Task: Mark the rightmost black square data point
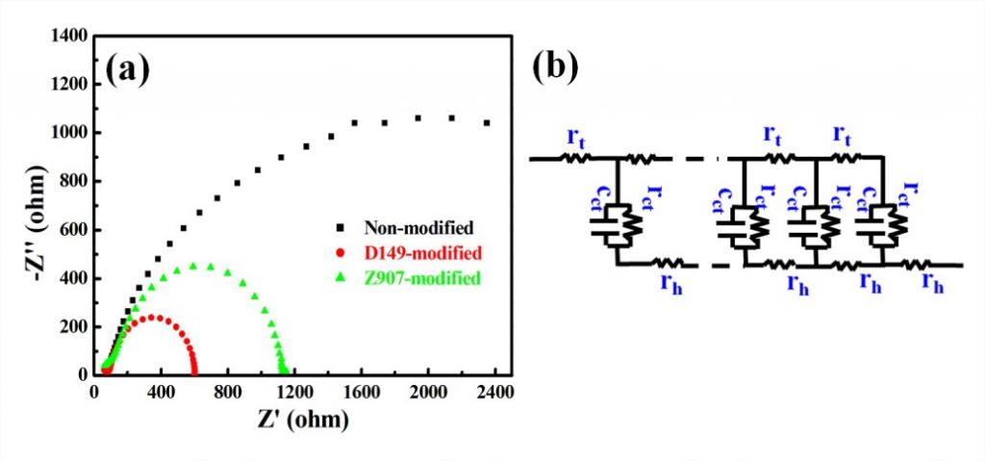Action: [x=487, y=123]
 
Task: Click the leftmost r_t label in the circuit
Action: [x=576, y=139]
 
